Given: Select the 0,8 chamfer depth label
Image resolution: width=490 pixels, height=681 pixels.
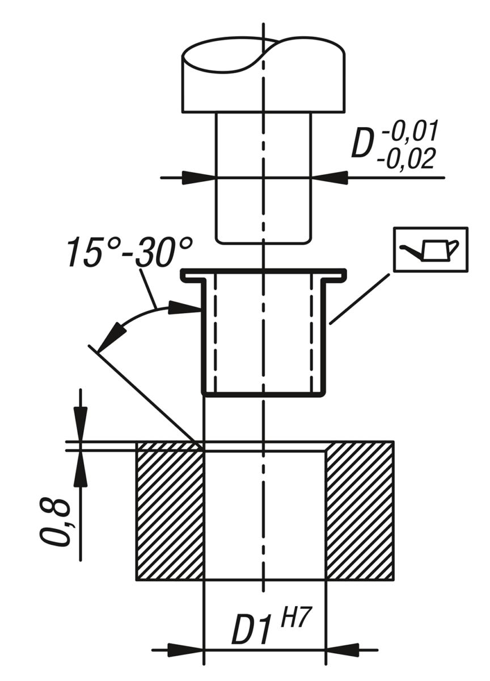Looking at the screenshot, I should pyautogui.click(x=57, y=523).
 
